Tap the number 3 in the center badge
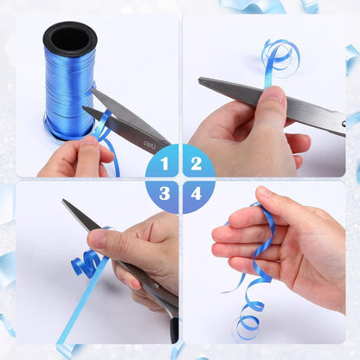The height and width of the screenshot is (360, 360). pyautogui.click(x=164, y=194)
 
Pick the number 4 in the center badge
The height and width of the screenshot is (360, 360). pyautogui.click(x=196, y=194)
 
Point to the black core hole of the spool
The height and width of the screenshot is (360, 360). pyautogui.click(x=69, y=38)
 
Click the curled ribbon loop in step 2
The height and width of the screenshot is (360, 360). pyautogui.click(x=280, y=56)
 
